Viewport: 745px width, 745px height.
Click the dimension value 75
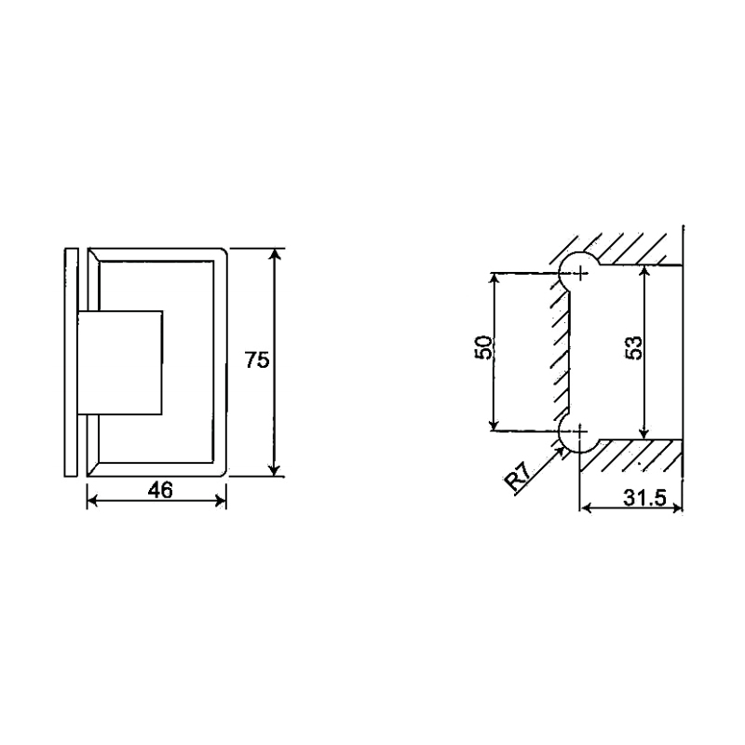[257, 360]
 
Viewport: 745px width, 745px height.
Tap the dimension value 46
[160, 490]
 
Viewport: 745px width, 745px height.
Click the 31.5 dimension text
[643, 498]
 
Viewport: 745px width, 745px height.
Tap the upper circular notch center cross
[581, 273]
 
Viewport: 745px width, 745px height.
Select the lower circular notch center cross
[581, 431]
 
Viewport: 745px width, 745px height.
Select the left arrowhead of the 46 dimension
[92, 501]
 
